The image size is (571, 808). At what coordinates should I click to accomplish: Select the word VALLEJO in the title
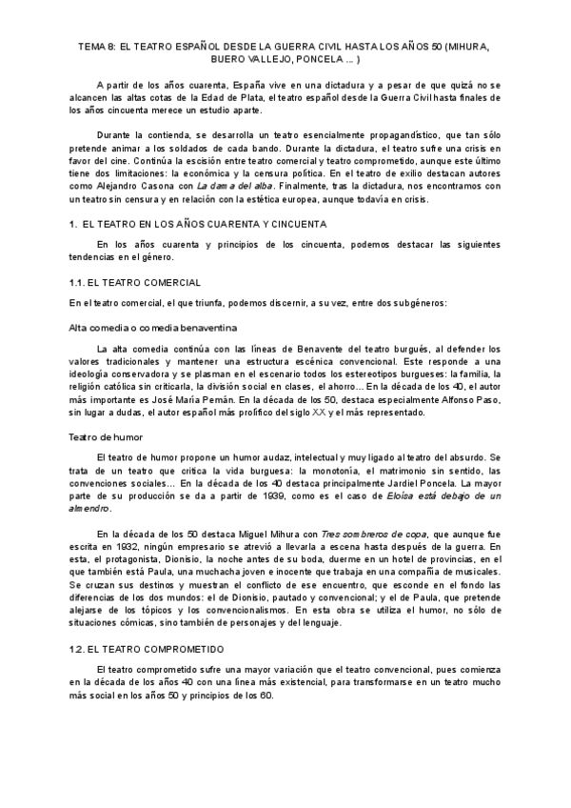[176, 58]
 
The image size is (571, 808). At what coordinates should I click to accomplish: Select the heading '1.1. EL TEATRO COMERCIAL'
[134, 283]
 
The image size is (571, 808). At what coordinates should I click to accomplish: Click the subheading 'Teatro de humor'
[106, 437]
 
